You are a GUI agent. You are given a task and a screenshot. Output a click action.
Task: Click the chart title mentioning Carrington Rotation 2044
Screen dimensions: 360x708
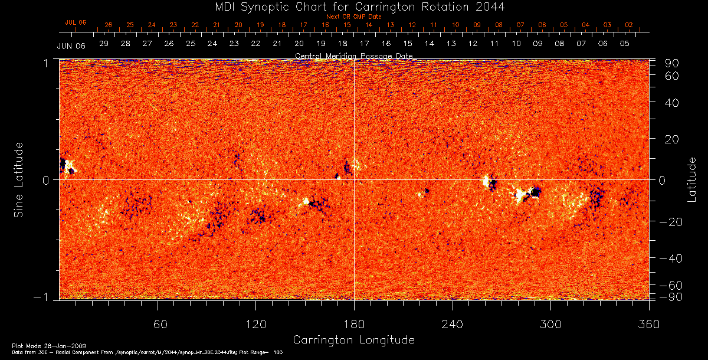tap(353, 6)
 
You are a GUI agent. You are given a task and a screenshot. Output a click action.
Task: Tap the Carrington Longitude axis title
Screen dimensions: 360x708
tap(353, 340)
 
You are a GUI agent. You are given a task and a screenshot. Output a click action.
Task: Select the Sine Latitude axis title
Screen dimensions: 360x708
tap(19, 179)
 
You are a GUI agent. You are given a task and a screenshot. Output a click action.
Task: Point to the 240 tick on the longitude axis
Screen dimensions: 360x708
tap(453, 324)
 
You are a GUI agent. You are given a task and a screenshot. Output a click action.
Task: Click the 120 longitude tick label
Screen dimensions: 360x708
tap(255, 324)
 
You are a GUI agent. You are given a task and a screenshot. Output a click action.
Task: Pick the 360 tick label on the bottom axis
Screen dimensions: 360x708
tap(648, 324)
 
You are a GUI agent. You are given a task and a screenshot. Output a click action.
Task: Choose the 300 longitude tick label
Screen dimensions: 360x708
tap(550, 324)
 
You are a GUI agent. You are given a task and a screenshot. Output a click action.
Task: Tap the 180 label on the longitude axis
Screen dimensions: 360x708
tap(354, 324)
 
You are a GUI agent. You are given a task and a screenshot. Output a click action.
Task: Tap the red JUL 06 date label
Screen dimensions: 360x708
tap(76, 22)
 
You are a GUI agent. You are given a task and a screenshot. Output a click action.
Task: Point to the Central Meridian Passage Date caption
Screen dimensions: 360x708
tap(353, 56)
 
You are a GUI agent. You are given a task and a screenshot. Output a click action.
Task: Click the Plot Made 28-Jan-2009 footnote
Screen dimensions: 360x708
tap(36, 345)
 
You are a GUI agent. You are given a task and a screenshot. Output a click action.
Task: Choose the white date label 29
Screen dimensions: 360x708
tap(104, 44)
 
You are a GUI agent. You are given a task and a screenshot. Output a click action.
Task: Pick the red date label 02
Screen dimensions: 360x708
tap(629, 25)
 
